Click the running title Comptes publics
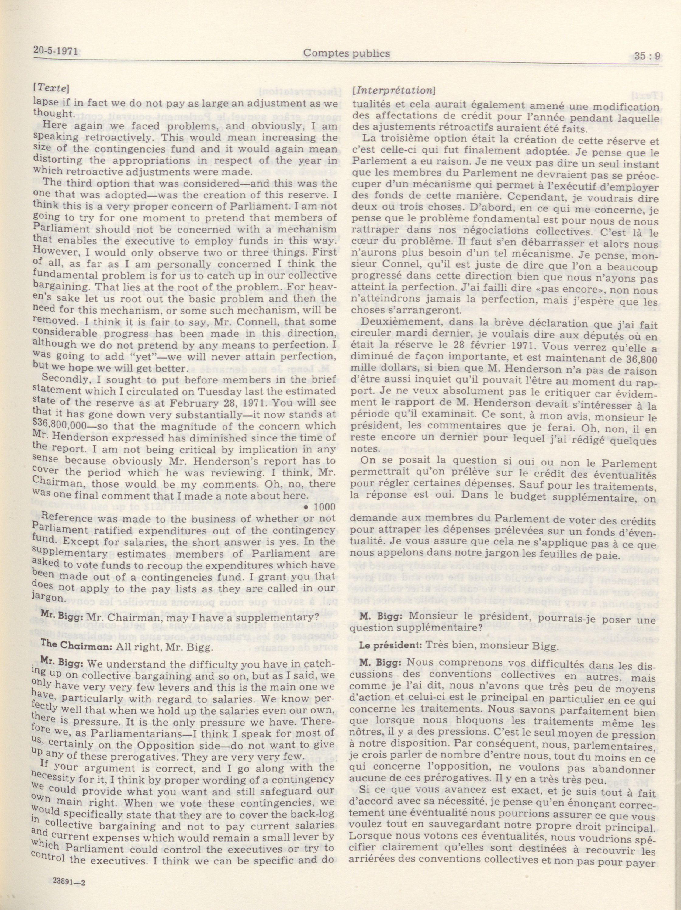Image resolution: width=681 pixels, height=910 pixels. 346,53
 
